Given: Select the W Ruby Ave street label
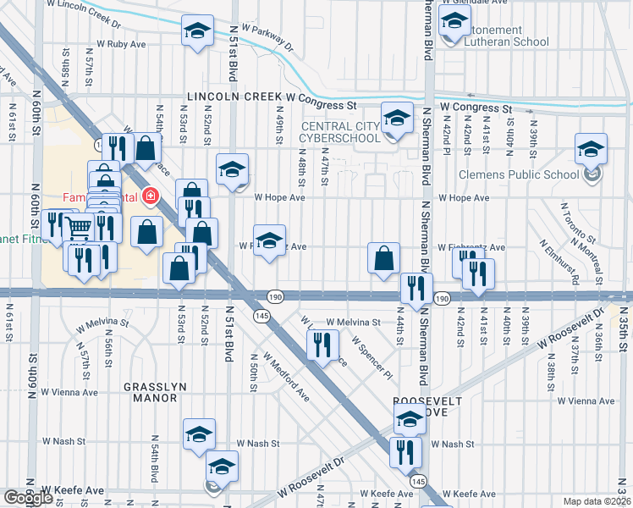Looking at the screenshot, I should click(124, 42).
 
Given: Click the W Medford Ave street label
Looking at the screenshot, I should click(285, 376).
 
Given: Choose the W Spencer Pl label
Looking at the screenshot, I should click(373, 359).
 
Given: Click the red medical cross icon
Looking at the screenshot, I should click(151, 196).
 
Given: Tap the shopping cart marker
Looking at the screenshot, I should click(79, 227).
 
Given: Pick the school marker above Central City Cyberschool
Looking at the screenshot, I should click(396, 119).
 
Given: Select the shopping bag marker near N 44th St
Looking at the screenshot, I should click(384, 258).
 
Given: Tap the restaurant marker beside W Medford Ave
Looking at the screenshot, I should click(322, 345).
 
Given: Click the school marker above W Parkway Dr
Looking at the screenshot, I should click(197, 33).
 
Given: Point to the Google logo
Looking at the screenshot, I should click(29, 497).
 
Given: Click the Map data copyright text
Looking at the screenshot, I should click(597, 500).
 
